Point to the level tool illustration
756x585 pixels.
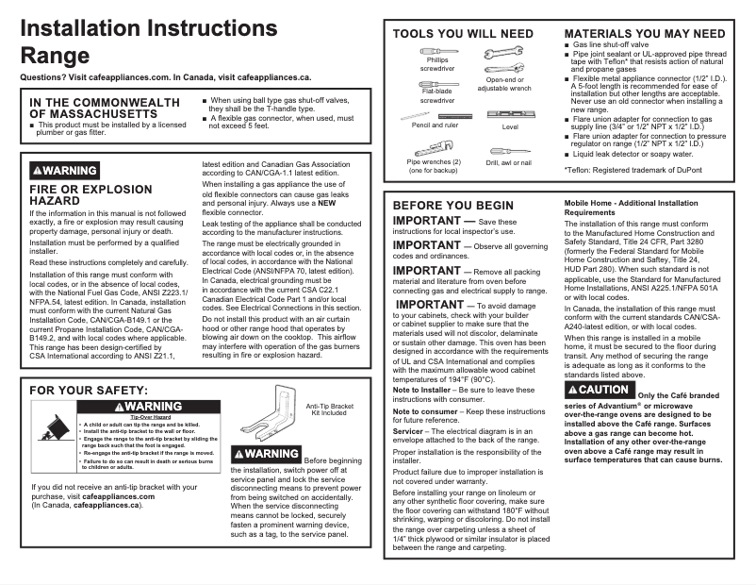(510, 114)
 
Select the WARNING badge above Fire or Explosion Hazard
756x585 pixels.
(64, 171)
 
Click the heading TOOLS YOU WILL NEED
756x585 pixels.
(463, 34)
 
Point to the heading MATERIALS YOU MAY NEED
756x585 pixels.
(645, 34)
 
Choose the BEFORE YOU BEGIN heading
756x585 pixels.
(453, 205)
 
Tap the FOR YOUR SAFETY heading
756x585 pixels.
(89, 390)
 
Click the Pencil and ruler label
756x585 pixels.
(435, 125)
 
